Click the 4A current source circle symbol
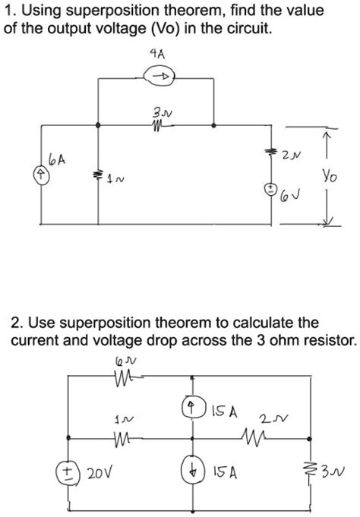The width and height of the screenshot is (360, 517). [159, 75]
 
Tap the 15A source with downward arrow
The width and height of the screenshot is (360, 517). [193, 471]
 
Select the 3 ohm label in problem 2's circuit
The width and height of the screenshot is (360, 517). [330, 473]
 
